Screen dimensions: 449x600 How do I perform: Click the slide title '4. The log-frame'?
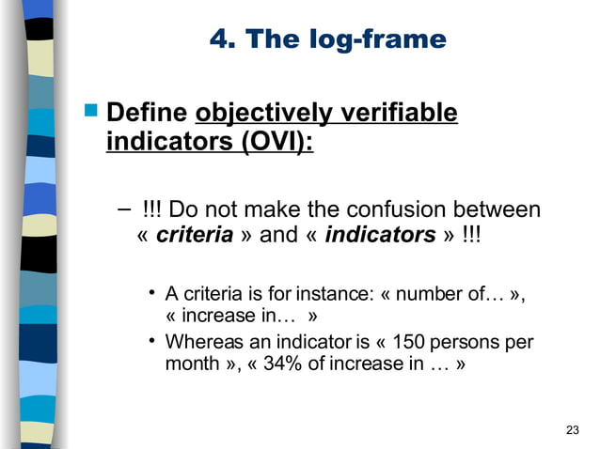coord(326,40)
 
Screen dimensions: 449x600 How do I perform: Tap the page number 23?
coord(573,430)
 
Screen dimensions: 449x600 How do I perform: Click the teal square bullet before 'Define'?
coord(91,113)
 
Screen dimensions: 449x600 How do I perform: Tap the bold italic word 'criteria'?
coord(194,235)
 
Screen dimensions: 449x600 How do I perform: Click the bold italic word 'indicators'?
coord(378,235)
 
